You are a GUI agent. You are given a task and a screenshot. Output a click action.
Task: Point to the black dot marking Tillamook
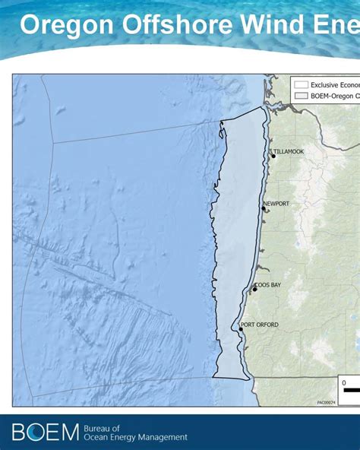pos(273,156)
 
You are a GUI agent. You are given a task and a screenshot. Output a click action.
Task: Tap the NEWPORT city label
pos(277,204)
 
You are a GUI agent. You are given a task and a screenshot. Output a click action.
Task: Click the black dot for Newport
pos(264,208)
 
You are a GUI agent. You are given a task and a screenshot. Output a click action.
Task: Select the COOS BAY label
pos(267,285)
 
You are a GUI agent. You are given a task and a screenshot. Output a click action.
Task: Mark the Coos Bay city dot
pos(254,290)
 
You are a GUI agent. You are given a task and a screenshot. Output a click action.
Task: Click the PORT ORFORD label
pos(260,325)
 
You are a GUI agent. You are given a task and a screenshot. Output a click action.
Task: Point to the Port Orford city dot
pos(241,330)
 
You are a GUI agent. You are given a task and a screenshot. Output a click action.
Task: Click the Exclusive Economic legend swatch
pos(301,85)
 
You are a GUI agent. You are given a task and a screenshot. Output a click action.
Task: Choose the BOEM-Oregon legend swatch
pos(301,97)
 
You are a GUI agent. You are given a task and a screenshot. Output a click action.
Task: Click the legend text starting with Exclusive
pos(334,85)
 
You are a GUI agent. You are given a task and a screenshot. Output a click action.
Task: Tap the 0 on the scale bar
pos(344,382)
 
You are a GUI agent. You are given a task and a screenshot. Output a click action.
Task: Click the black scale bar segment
pos(352,390)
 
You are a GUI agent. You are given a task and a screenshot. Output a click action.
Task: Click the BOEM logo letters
pos(45,433)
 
